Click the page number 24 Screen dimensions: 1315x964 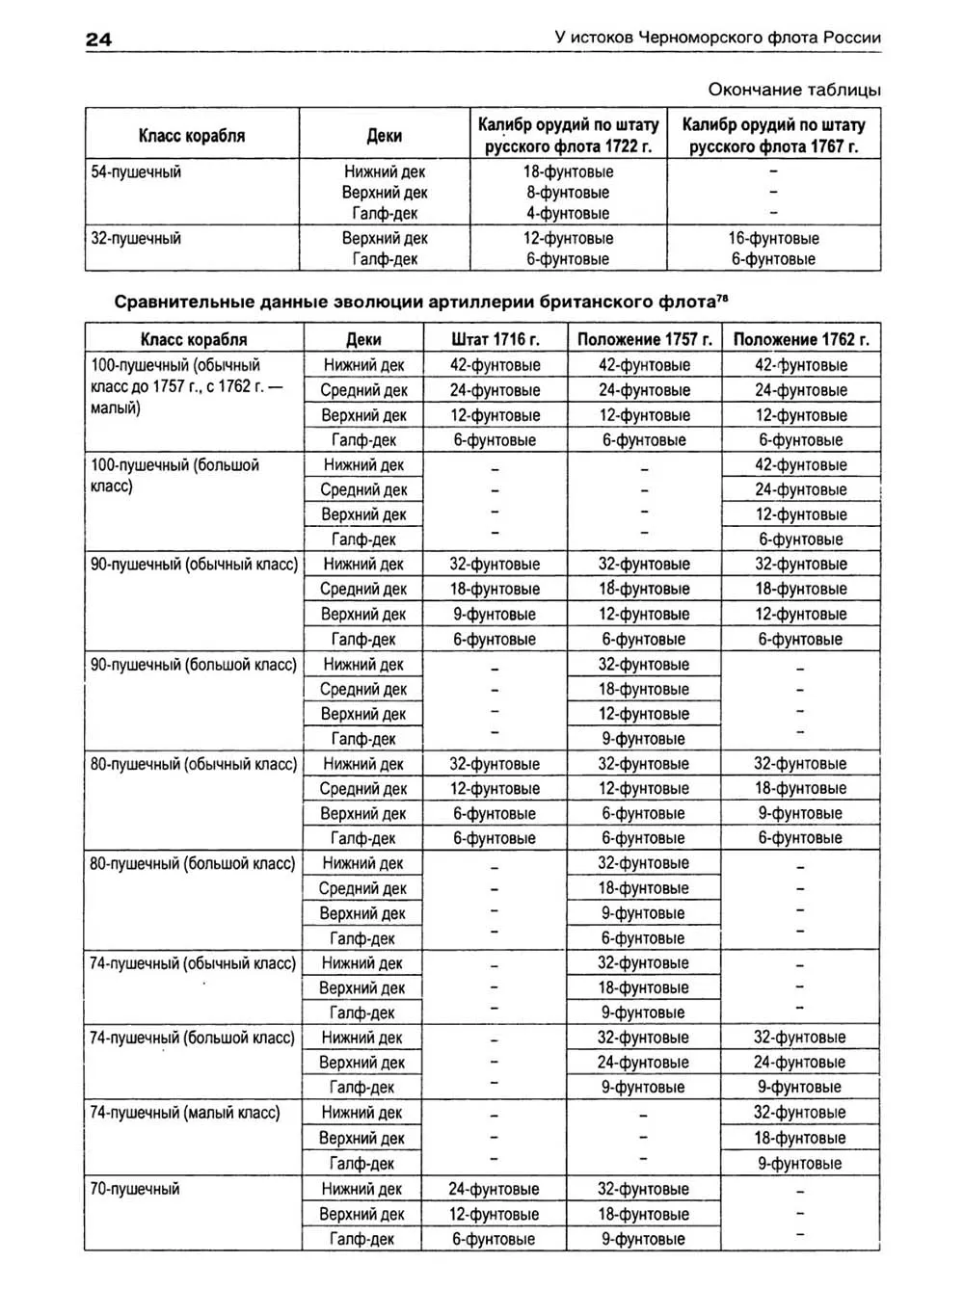pyautogui.click(x=99, y=39)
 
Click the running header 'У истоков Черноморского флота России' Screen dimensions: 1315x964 pyautogui.click(x=717, y=38)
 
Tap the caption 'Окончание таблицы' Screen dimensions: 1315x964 pyautogui.click(x=793, y=90)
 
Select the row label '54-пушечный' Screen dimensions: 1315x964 pyautogui.click(x=136, y=172)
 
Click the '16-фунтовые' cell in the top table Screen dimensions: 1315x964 pyautogui.click(x=773, y=238)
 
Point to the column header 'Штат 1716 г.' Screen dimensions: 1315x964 pyautogui.click(x=495, y=339)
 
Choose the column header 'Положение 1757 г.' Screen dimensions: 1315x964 pyautogui.click(x=644, y=339)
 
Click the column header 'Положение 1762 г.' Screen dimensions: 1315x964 pyautogui.click(x=800, y=339)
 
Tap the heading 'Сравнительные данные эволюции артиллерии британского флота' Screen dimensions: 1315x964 pyautogui.click(x=415, y=302)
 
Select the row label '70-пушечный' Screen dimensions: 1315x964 pyautogui.click(x=135, y=1189)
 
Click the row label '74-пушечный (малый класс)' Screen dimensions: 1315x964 pyautogui.click(x=185, y=1113)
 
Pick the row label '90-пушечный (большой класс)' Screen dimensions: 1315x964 pyautogui.click(x=194, y=665)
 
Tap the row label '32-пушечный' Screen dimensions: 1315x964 pyautogui.click(x=136, y=238)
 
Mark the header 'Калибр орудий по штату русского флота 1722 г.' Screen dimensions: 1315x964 pyautogui.click(x=568, y=136)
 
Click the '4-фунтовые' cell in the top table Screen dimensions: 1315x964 pyautogui.click(x=568, y=214)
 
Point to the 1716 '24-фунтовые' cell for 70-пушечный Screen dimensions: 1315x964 pyautogui.click(x=494, y=1189)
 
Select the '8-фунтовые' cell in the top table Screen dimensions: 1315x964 pyautogui.click(x=568, y=193)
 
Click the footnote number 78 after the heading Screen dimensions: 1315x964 pyautogui.click(x=722, y=297)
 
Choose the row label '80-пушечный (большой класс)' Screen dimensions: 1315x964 pyautogui.click(x=193, y=864)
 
